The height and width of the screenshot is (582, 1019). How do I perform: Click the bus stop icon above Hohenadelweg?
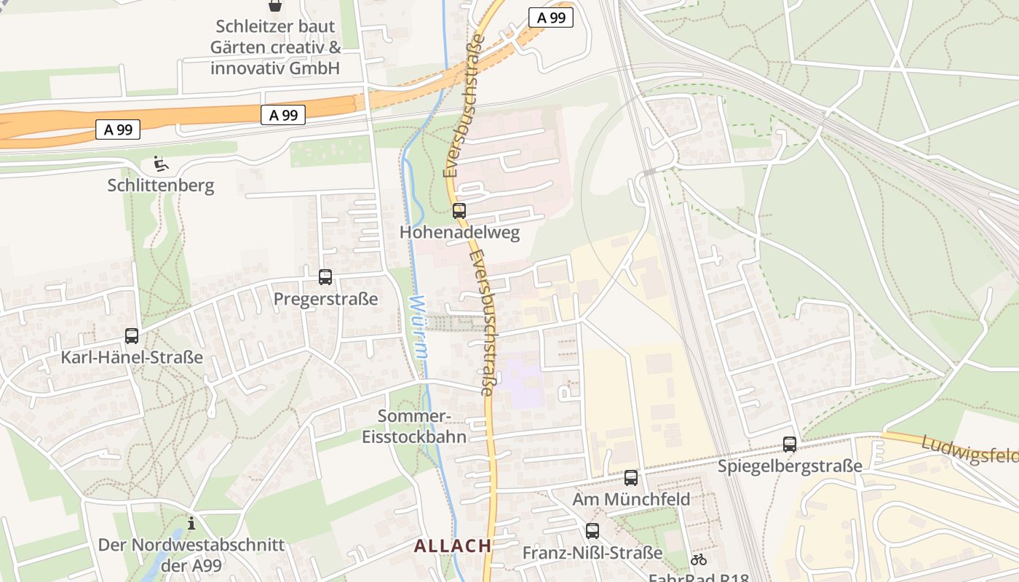(x=459, y=211)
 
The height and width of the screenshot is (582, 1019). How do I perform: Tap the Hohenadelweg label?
(x=459, y=233)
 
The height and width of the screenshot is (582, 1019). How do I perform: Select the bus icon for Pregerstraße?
(x=325, y=277)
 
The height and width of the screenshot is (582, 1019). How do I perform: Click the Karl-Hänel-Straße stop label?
(x=132, y=358)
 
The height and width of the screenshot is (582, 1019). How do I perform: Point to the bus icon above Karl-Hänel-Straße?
(x=132, y=336)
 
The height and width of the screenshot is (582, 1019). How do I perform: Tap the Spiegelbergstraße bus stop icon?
(x=790, y=444)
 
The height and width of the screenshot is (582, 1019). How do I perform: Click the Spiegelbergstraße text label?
(x=790, y=466)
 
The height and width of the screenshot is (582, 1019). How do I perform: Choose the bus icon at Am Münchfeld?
(x=631, y=478)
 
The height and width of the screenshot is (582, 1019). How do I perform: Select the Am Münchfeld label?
(x=631, y=500)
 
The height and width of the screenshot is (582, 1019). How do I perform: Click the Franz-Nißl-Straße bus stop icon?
(x=592, y=531)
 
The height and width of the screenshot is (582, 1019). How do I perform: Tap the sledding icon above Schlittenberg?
(x=161, y=164)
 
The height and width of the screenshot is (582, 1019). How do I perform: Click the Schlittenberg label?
(x=161, y=186)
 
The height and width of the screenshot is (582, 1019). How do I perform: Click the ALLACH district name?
(x=453, y=546)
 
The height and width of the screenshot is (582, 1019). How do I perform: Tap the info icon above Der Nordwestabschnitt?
(x=191, y=522)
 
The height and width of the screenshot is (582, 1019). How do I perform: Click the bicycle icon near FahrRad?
(x=699, y=559)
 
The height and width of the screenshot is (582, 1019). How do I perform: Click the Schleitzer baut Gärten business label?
(x=276, y=47)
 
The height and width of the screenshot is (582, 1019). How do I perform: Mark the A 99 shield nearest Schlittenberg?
(x=118, y=129)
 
